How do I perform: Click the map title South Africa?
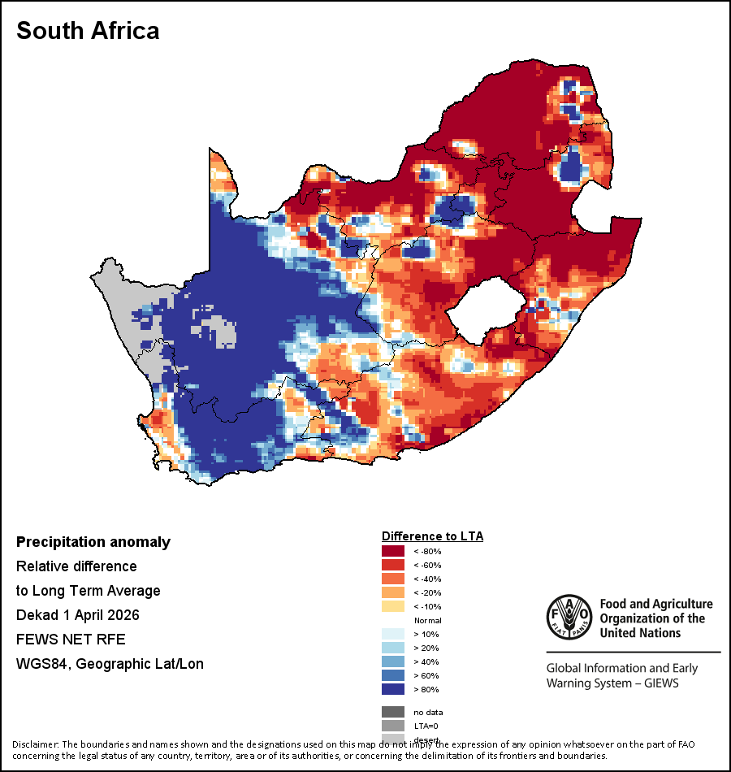click(88, 31)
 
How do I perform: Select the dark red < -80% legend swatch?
click(393, 552)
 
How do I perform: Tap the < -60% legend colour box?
click(393, 566)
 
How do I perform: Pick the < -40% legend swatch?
click(393, 579)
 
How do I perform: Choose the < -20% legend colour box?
click(393, 593)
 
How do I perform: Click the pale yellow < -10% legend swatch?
click(393, 607)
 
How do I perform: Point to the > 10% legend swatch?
click(393, 635)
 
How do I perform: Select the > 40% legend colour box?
click(393, 662)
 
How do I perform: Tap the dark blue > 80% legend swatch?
click(393, 690)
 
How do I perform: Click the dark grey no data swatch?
click(393, 713)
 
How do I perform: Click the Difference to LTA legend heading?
click(433, 536)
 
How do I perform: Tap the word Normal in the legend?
click(427, 621)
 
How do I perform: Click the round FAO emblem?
click(568, 617)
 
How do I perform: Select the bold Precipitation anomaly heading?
click(93, 542)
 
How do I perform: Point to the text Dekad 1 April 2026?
click(78, 615)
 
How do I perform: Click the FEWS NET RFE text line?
click(71, 640)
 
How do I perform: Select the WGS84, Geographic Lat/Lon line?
click(110, 664)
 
